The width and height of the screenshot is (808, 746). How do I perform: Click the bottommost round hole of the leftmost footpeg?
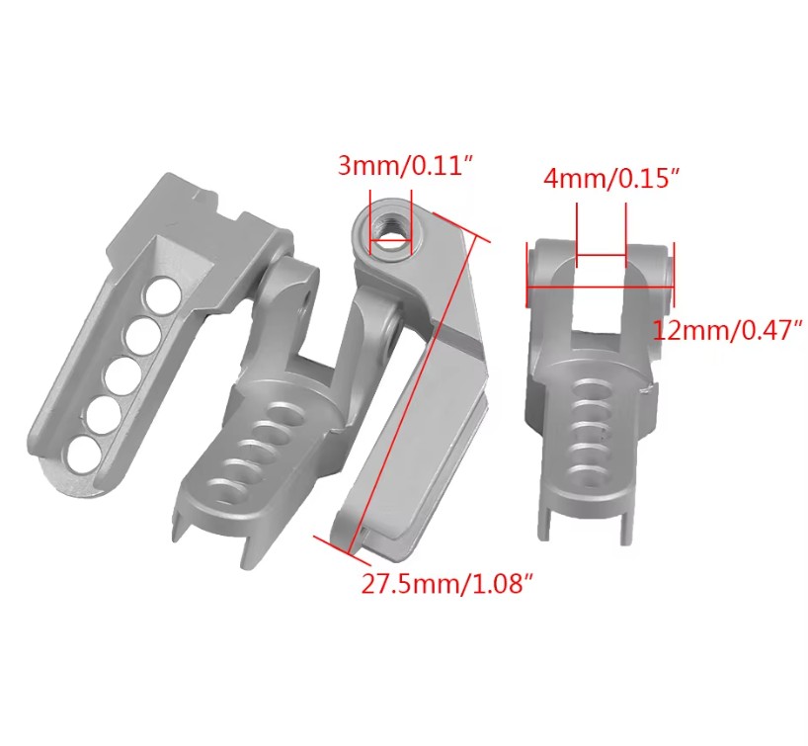[84, 454]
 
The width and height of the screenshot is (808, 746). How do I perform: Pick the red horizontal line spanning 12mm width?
[601, 287]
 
